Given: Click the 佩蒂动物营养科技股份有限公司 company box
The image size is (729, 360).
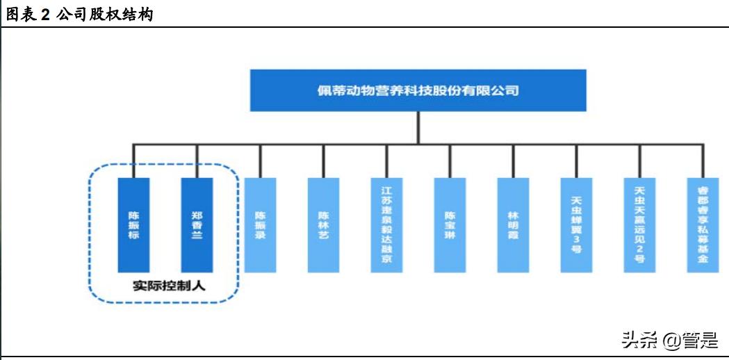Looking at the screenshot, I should [418, 90].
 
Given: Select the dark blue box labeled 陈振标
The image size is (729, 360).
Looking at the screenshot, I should [133, 224].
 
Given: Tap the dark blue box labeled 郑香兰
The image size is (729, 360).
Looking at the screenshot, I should [197, 224].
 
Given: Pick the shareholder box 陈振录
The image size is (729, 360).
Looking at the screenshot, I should [260, 224].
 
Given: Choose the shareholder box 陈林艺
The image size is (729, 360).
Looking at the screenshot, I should [323, 224].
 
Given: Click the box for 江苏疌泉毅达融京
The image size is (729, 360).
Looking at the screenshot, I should [386, 224].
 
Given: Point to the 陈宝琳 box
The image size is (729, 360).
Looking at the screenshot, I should [450, 224].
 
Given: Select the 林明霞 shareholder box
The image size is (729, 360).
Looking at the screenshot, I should [513, 224].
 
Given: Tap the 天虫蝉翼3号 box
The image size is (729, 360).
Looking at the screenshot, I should [576, 224].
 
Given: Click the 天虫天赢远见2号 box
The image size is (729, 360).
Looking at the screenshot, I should [639, 224].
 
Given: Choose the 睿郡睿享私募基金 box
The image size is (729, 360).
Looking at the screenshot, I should [703, 224].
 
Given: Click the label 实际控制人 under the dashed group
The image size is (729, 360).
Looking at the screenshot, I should [164, 286].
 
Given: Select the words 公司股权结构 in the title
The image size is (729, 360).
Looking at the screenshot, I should [104, 15].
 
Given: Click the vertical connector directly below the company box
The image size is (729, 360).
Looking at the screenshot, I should [418, 128].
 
